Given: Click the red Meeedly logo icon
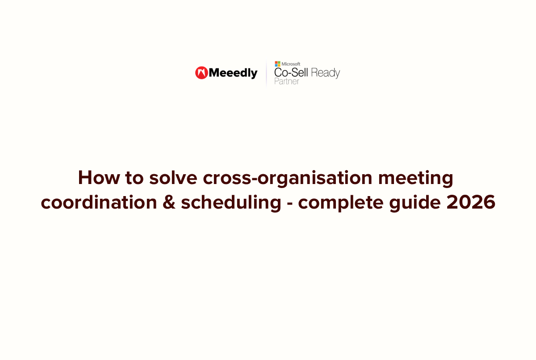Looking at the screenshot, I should (x=201, y=73).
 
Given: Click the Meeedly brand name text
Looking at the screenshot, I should (x=233, y=73).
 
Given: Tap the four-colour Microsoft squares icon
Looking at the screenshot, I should (x=277, y=64).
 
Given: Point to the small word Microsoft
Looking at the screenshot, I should (x=291, y=64).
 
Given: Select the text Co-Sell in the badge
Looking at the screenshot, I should (x=291, y=73).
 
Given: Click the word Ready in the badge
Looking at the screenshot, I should (x=326, y=73).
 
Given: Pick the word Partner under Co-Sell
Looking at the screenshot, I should (x=287, y=82).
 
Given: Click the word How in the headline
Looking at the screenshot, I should (x=96, y=178).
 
